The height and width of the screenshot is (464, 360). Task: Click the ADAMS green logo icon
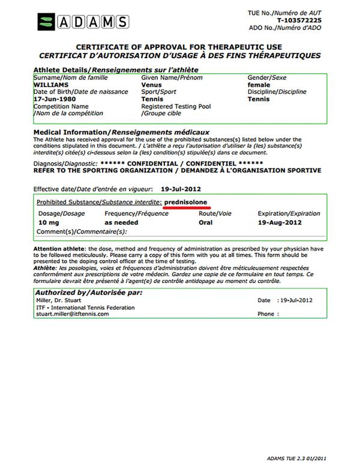click(46, 22)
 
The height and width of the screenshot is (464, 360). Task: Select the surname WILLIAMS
click(52, 85)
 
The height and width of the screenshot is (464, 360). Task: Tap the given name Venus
click(151, 85)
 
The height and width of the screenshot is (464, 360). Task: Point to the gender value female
click(259, 85)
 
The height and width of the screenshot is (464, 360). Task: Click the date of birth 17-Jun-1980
click(56, 99)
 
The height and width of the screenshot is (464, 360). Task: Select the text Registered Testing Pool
click(176, 106)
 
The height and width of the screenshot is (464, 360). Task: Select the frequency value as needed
click(121, 222)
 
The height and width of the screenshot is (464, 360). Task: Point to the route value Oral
click(222, 222)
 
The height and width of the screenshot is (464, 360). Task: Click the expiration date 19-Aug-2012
click(280, 222)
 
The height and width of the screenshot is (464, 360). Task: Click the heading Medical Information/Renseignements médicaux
click(121, 132)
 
